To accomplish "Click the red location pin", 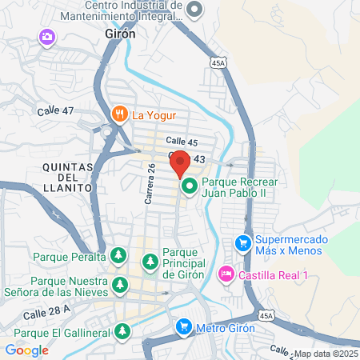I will tap(180, 163).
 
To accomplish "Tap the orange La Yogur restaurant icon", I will tap(121, 114).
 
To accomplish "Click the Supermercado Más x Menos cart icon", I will tap(242, 242).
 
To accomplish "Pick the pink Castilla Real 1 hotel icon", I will tap(226, 274).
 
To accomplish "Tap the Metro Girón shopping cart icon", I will tap(183, 327).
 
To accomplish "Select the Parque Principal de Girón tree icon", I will tap(150, 262).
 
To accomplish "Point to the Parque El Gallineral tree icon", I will tap(122, 330).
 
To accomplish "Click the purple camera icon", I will tap(46, 37).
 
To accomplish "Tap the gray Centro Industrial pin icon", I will tap(195, 10).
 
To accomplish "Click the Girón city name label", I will tap(120, 34).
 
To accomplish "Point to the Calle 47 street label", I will tap(54, 110).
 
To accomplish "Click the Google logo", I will tap(26, 350).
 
